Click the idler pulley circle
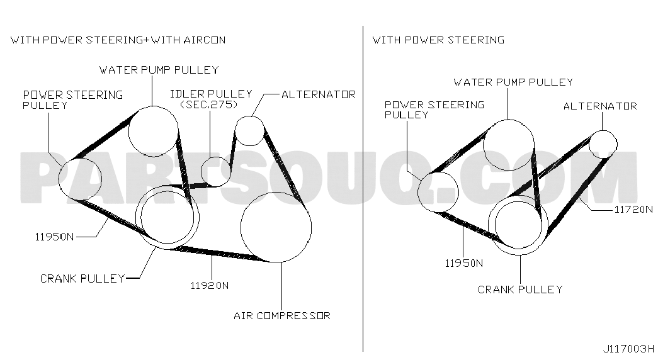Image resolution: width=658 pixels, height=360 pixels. coord(216,157)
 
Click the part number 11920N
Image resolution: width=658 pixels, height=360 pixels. coord(210,286)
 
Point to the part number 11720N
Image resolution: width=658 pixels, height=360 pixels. coord(633,209)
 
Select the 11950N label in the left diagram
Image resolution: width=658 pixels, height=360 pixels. coord(54,237)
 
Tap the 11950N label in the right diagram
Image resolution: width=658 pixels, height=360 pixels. coord(463,263)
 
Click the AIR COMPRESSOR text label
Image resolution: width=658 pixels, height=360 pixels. coord(282,315)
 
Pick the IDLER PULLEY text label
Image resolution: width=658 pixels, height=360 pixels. coord(211,94)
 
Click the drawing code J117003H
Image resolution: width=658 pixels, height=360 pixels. coord(628,349)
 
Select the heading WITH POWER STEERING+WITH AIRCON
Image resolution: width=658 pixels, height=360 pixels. coord(118,40)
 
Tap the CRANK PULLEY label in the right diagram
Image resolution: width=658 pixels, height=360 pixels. coord(520,290)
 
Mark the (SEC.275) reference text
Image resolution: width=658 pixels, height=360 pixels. coord(209,104)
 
